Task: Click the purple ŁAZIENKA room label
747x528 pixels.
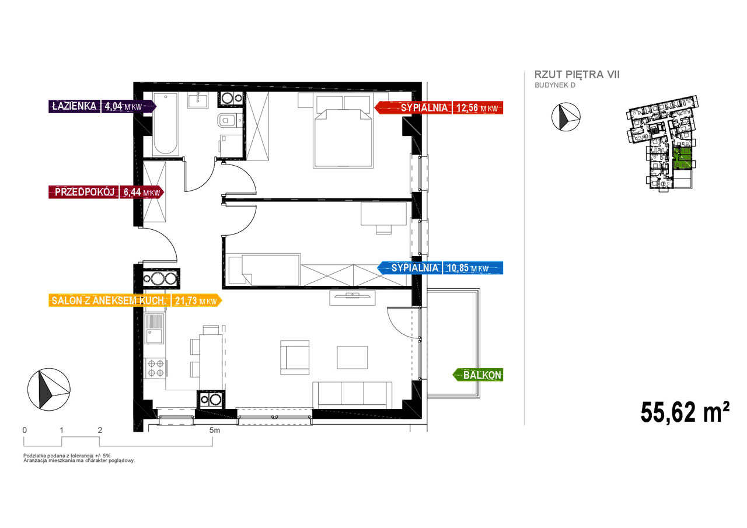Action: [74, 106]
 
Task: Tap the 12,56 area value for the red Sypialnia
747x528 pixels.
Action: [467, 108]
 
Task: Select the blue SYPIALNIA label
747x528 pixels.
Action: [414, 268]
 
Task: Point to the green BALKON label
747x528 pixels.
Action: [482, 375]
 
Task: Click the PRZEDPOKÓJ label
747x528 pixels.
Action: [85, 192]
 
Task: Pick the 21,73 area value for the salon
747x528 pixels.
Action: [186, 300]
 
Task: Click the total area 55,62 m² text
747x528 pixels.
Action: [685, 412]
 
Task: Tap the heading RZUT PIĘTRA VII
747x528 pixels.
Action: [577, 75]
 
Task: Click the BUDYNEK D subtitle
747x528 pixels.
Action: [555, 85]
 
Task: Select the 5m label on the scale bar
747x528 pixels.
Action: [214, 431]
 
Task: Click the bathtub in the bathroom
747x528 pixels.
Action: [165, 124]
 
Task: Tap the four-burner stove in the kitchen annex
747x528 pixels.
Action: [155, 368]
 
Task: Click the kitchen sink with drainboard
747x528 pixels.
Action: [154, 328]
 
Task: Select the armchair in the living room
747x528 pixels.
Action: [295, 357]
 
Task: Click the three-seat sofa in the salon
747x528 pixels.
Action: [352, 395]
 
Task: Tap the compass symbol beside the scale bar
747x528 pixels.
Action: [48, 389]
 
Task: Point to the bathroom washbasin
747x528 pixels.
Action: [197, 100]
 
